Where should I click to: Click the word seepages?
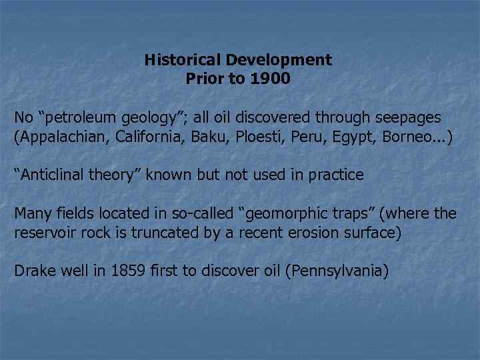point(407,118)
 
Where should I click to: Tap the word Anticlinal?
point(53,175)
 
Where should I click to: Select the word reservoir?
point(43,234)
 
